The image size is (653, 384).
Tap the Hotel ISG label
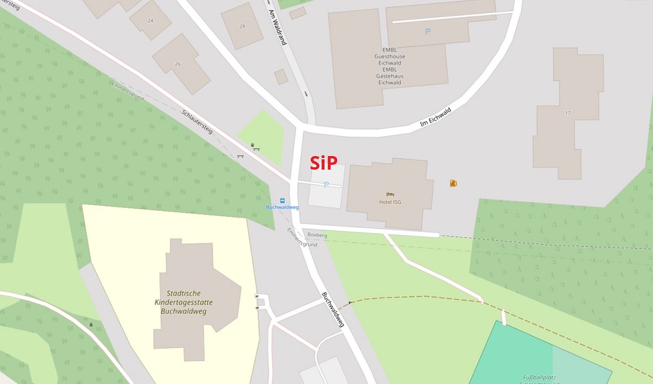click(x=390, y=202)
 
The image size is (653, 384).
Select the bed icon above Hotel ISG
click(x=390, y=193)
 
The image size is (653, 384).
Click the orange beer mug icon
click(x=453, y=184)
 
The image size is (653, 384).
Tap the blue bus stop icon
click(x=283, y=200)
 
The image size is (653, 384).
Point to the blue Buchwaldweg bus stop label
click(x=283, y=208)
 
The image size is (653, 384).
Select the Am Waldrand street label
click(x=278, y=27)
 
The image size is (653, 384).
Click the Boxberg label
click(x=317, y=234)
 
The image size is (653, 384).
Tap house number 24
click(x=151, y=20)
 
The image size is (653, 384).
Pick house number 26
click(x=177, y=63)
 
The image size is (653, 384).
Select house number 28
click(x=242, y=26)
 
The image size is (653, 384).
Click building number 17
click(x=567, y=113)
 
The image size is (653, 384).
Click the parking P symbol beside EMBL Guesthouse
click(x=428, y=31)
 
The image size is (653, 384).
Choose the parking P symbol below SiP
click(x=326, y=185)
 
